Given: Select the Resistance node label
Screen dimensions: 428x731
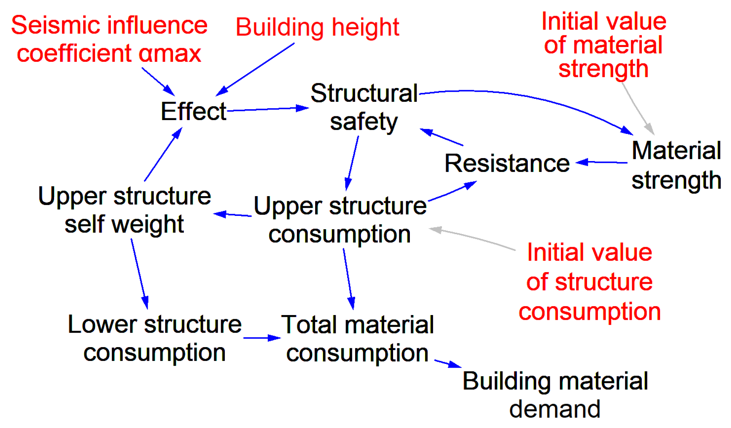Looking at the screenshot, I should tap(507, 163).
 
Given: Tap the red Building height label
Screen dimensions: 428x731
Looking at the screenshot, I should tap(317, 27).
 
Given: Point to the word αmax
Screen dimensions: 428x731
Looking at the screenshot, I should tap(170, 53).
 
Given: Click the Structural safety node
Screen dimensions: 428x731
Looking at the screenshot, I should tap(364, 107).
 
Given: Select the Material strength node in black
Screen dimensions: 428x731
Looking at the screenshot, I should tap(676, 165).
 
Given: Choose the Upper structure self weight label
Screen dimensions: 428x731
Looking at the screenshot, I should tap(124, 210).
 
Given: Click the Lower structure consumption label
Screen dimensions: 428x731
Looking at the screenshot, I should tap(154, 338).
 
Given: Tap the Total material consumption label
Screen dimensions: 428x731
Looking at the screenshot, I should tap(357, 339).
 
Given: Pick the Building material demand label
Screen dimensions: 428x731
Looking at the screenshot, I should tap(555, 395).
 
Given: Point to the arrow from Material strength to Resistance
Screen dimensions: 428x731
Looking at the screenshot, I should tap(601, 162).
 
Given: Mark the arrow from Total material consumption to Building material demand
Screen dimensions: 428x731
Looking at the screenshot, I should tap(448, 364).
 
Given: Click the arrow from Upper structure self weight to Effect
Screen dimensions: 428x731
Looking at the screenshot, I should tap(163, 155).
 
